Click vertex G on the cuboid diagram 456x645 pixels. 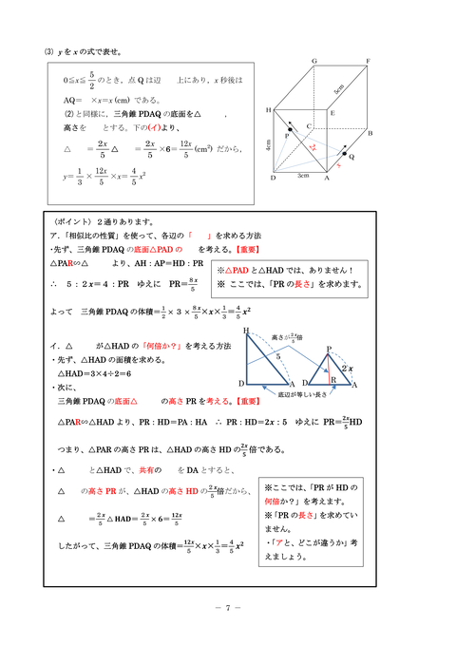click(314, 61)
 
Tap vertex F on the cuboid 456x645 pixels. click(367, 61)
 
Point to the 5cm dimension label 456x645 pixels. click(337, 91)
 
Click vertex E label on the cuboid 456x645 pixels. click(332, 112)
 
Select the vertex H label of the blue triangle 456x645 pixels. click(246, 331)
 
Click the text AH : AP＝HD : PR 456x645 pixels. click(166, 264)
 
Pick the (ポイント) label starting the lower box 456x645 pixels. click(74, 220)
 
